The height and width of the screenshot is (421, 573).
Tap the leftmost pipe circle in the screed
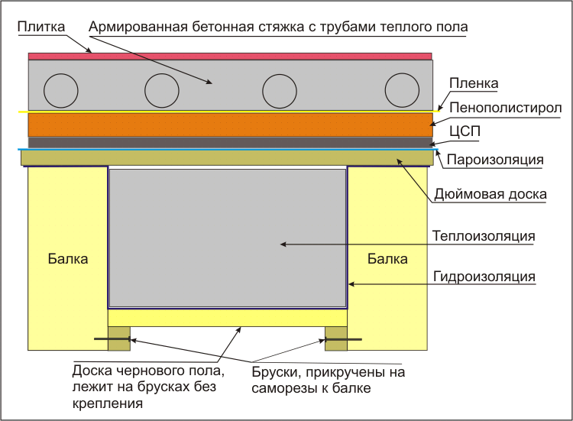point(61,91)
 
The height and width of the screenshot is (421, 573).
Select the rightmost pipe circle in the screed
point(402,91)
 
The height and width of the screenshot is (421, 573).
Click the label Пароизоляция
point(495,160)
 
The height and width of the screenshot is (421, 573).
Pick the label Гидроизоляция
point(484,276)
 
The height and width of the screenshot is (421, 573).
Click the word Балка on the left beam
point(67,259)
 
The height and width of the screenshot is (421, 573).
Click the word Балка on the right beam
point(387,259)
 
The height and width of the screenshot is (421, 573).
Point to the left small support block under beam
point(118,338)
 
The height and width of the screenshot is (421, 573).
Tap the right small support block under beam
point(336,338)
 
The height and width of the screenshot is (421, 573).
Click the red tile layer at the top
point(229,56)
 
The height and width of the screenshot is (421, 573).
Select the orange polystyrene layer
point(229,125)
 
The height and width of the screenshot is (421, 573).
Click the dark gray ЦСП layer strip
point(229,142)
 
